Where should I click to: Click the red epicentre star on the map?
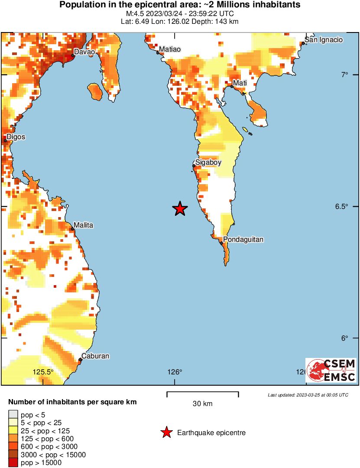coord(180,208)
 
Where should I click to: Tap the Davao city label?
coord(84,52)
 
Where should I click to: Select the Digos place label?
coord(16,137)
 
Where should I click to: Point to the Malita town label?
coord(83,225)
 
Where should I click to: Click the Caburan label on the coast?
coord(96,356)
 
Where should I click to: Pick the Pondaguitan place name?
coord(243,239)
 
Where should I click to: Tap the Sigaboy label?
coord(208,162)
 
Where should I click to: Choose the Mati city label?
coord(240,83)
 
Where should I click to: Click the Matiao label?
coord(169,49)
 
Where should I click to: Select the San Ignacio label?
coord(324,39)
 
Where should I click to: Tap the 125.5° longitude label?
coord(44,372)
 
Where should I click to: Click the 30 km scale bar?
coord(202,394)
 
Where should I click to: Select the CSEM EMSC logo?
coord(331,370)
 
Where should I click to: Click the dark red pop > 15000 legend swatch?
coord(13,463)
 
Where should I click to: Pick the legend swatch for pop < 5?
coord(13,415)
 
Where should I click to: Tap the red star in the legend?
coord(166,432)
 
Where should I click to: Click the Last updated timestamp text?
coord(308,395)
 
